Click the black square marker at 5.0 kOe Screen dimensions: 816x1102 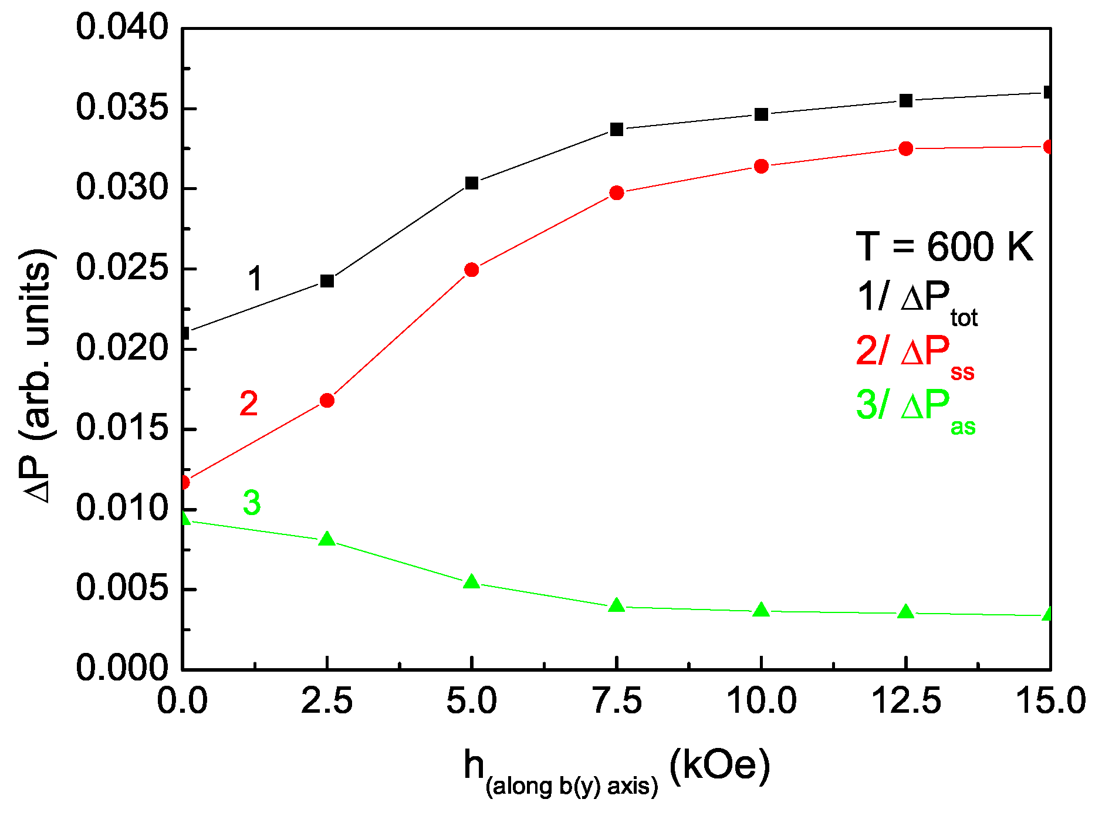point(472,184)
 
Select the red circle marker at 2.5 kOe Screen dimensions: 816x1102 point(327,401)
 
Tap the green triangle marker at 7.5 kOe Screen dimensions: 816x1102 point(616,605)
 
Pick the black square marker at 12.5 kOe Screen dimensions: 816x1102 point(906,101)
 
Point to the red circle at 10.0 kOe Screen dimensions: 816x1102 point(761,167)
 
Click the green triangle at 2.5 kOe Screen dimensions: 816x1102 point(327,539)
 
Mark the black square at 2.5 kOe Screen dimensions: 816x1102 point(327,281)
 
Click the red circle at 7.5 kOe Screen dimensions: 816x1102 point(616,193)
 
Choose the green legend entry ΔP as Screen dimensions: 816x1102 point(915,408)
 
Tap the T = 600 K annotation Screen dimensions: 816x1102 point(944,246)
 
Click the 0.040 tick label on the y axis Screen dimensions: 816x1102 point(122,28)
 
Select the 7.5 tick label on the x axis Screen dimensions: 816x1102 point(617,702)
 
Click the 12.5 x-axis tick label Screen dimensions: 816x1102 point(906,702)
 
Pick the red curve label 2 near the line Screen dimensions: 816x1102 point(249,404)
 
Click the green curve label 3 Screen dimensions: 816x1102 point(252,503)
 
